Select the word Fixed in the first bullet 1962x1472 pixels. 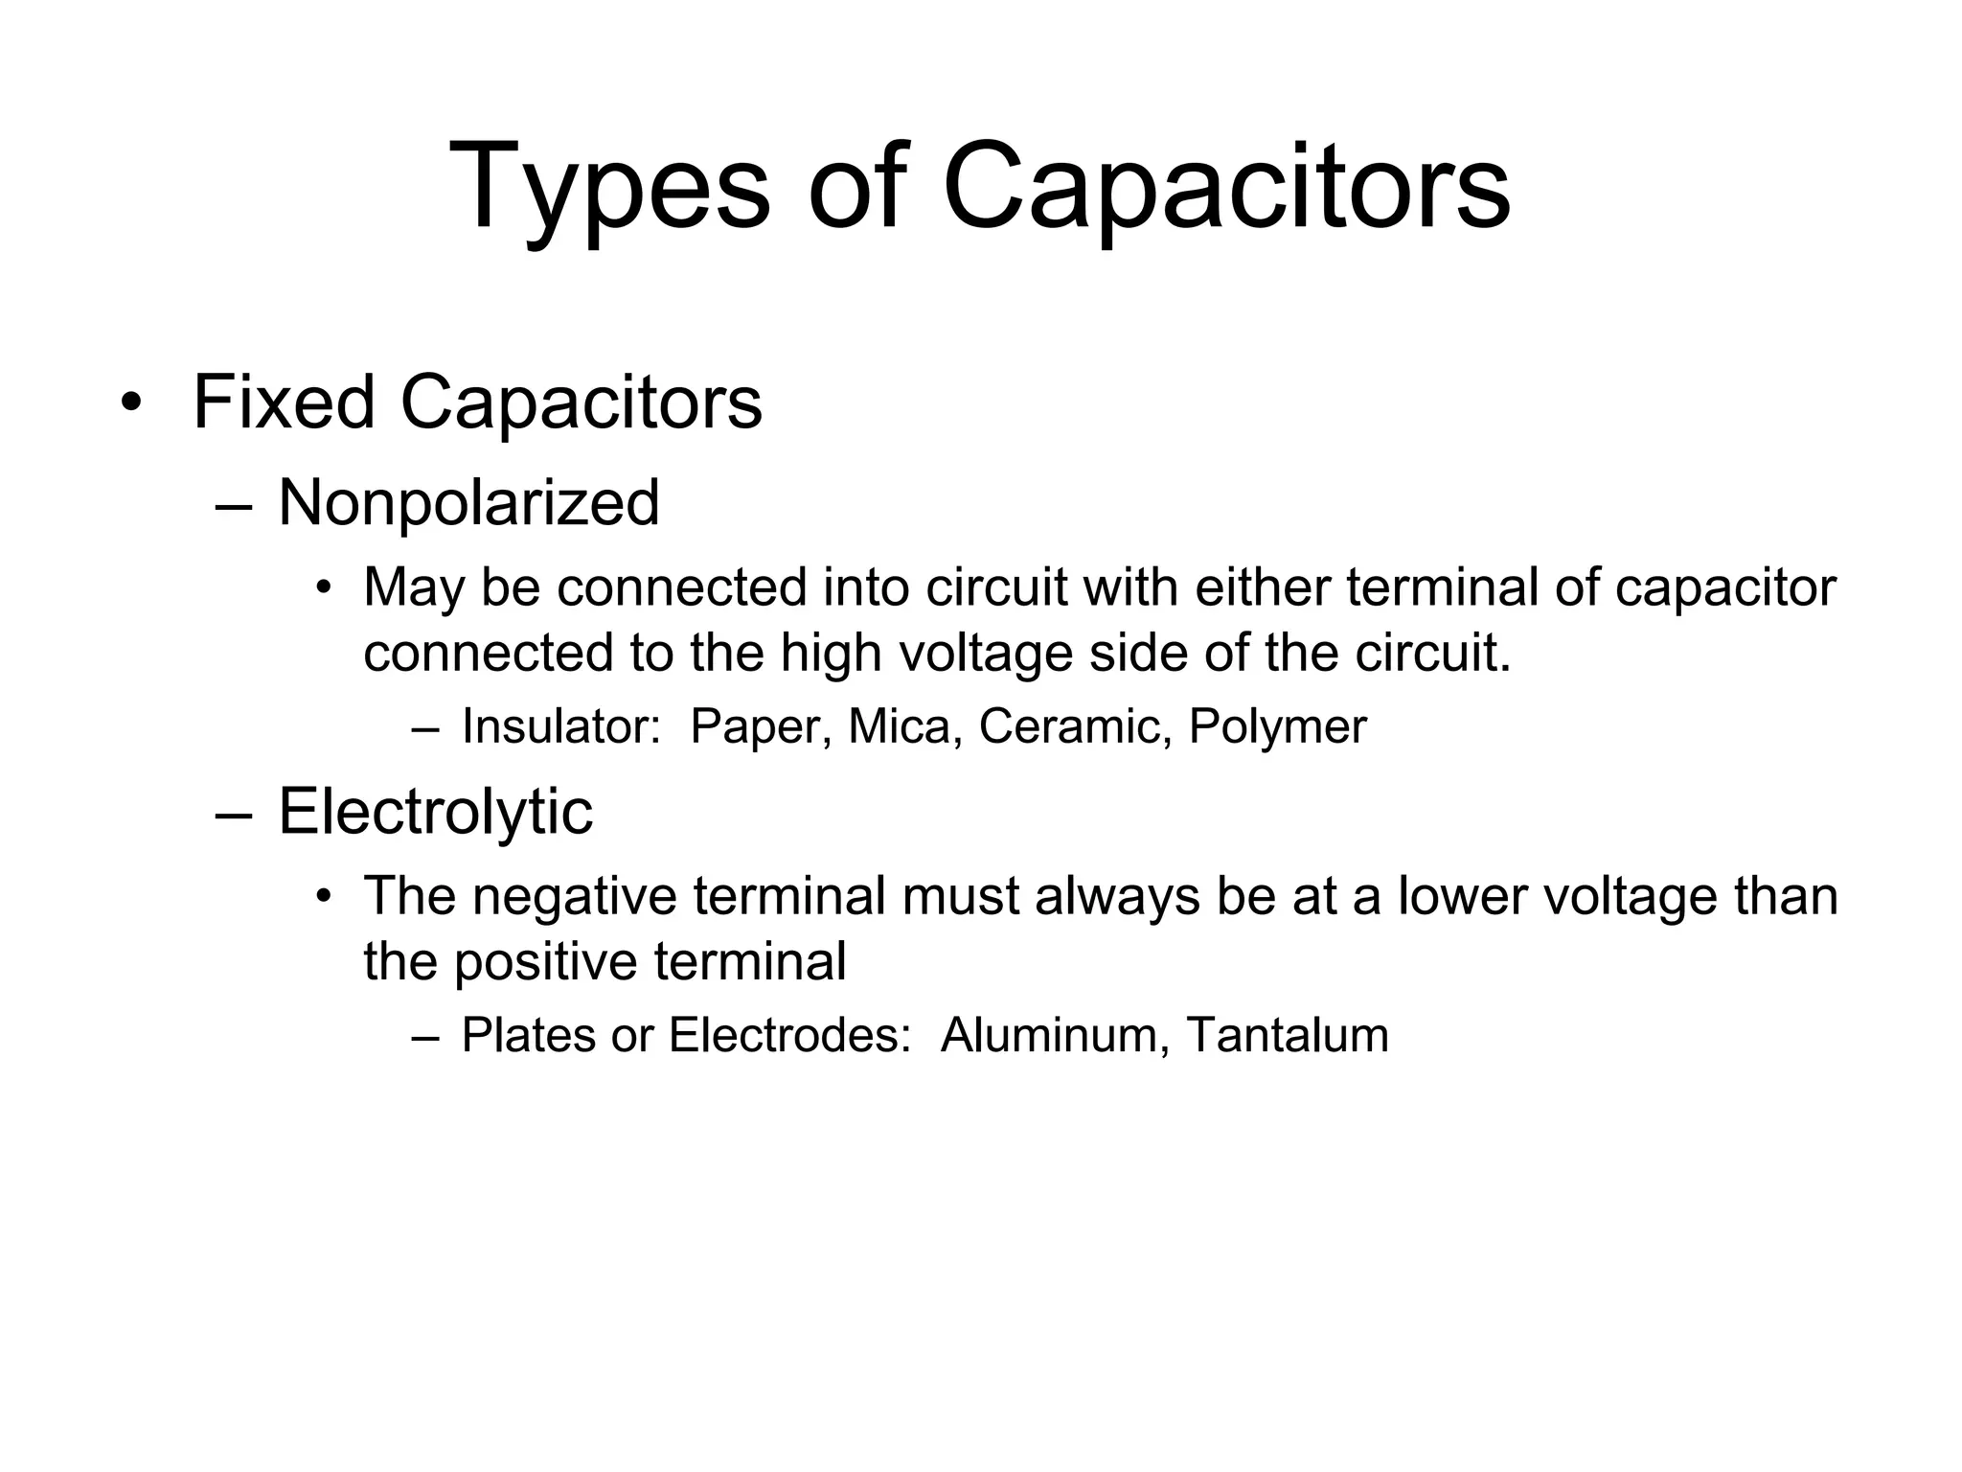(x=283, y=402)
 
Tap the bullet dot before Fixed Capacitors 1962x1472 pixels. (x=130, y=403)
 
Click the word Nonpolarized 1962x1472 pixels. (x=468, y=502)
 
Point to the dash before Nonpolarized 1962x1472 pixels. (x=234, y=506)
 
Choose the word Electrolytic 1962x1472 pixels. (x=435, y=812)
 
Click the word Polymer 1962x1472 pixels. (x=1277, y=726)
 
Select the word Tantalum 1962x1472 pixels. (x=1287, y=1035)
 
